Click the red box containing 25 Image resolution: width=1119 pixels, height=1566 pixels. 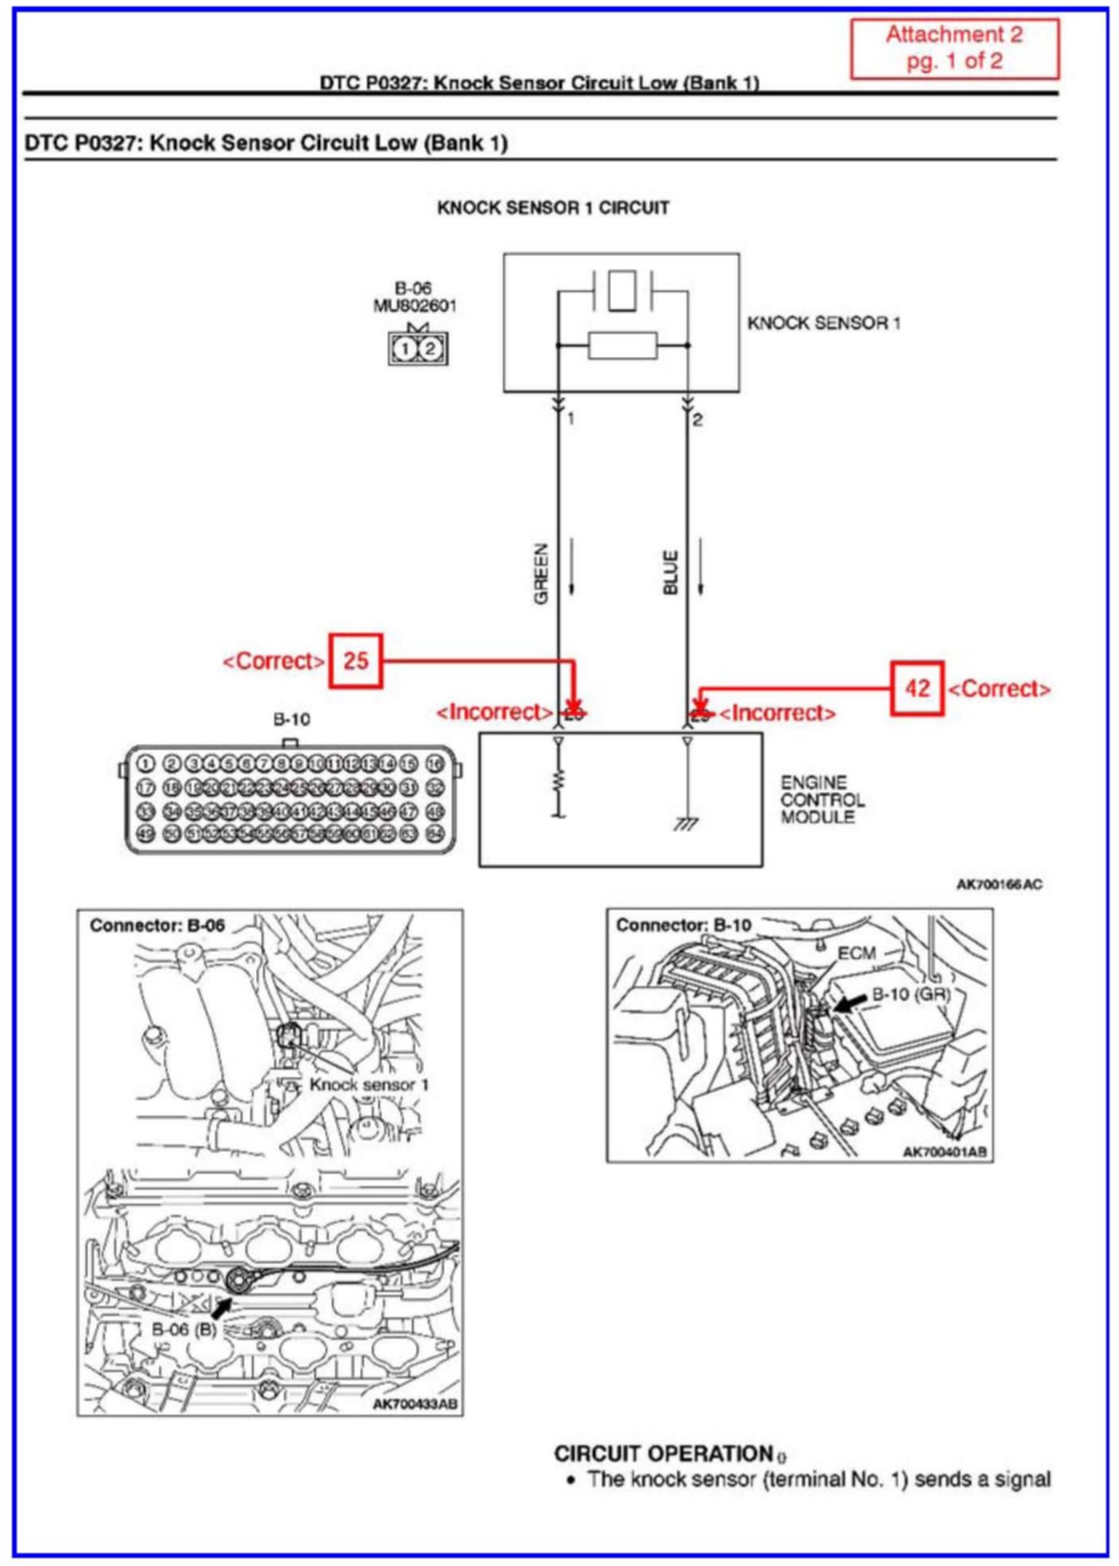[x=356, y=661]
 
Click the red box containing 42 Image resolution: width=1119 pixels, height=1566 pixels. [x=917, y=688]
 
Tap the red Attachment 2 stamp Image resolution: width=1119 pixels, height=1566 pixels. [x=954, y=48]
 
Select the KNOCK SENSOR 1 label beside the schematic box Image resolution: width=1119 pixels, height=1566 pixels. [x=824, y=323]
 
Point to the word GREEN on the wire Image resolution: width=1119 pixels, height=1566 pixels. [x=542, y=574]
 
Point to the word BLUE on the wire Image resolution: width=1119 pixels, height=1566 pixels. [x=671, y=572]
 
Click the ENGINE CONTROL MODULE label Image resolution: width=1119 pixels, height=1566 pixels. [x=821, y=799]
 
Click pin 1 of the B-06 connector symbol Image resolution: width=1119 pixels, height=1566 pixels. [x=406, y=349]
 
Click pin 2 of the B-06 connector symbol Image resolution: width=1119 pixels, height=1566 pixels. [x=430, y=349]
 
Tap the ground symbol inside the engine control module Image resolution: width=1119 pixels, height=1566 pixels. [x=685, y=823]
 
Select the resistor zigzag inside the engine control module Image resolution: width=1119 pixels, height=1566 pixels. [x=558, y=779]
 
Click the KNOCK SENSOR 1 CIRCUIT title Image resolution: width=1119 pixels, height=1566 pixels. [x=553, y=208]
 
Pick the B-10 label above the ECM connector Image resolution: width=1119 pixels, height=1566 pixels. [x=291, y=719]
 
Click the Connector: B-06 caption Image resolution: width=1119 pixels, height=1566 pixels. [x=157, y=926]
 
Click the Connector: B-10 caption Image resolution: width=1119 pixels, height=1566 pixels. [x=683, y=926]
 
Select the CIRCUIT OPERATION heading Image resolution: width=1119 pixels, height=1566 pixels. [x=663, y=1454]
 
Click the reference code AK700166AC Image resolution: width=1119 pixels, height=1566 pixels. [x=999, y=884]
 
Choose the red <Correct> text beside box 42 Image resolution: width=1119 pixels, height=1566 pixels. [x=999, y=689]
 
